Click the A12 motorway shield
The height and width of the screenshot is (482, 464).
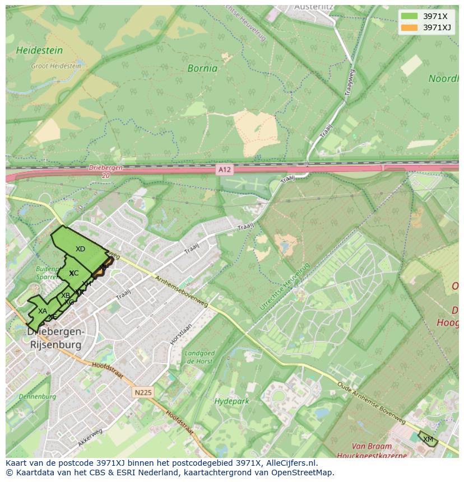click(224, 169)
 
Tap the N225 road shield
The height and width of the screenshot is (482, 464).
click(143, 392)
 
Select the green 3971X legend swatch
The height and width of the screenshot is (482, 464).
click(409, 16)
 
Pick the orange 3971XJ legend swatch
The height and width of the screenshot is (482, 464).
click(409, 27)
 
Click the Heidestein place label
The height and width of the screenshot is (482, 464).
click(39, 50)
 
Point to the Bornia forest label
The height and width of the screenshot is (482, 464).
click(202, 69)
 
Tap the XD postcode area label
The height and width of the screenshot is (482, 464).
click(80, 249)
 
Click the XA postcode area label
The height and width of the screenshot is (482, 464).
click(43, 311)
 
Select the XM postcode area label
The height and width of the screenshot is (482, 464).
click(428, 439)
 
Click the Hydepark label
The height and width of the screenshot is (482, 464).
click(231, 401)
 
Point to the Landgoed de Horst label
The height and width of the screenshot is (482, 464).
click(199, 357)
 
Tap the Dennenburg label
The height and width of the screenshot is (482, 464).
click(38, 396)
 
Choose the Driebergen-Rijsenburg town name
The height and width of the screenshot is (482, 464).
click(55, 338)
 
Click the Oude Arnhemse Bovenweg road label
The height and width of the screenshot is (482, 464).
click(371, 402)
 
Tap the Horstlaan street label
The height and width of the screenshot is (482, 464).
click(182, 334)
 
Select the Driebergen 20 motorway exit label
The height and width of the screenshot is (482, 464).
click(105, 171)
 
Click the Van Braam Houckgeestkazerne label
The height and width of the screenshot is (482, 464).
click(379, 451)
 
